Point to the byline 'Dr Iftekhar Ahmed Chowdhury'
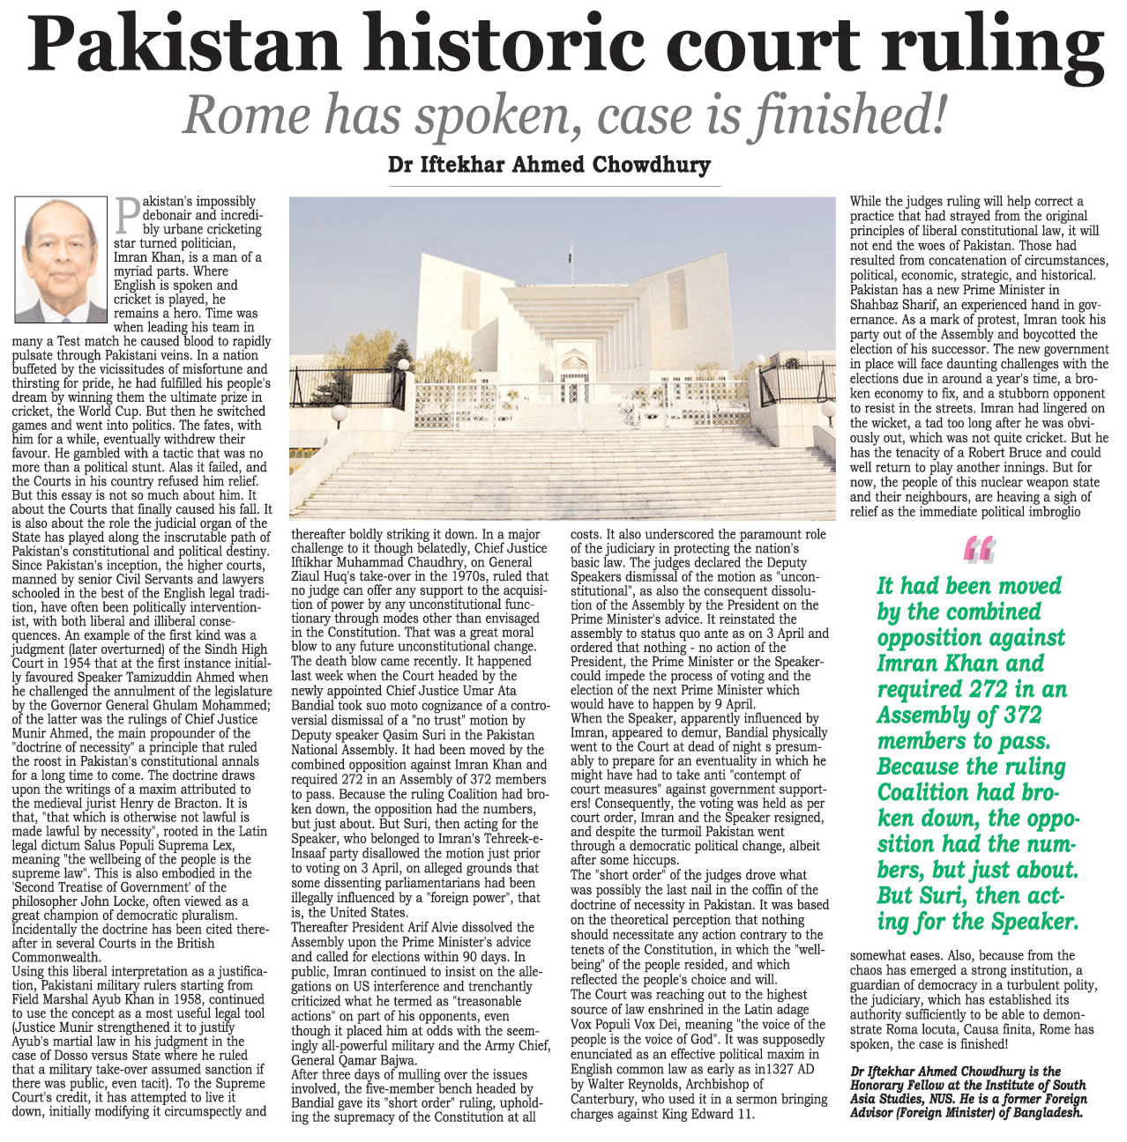549,165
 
